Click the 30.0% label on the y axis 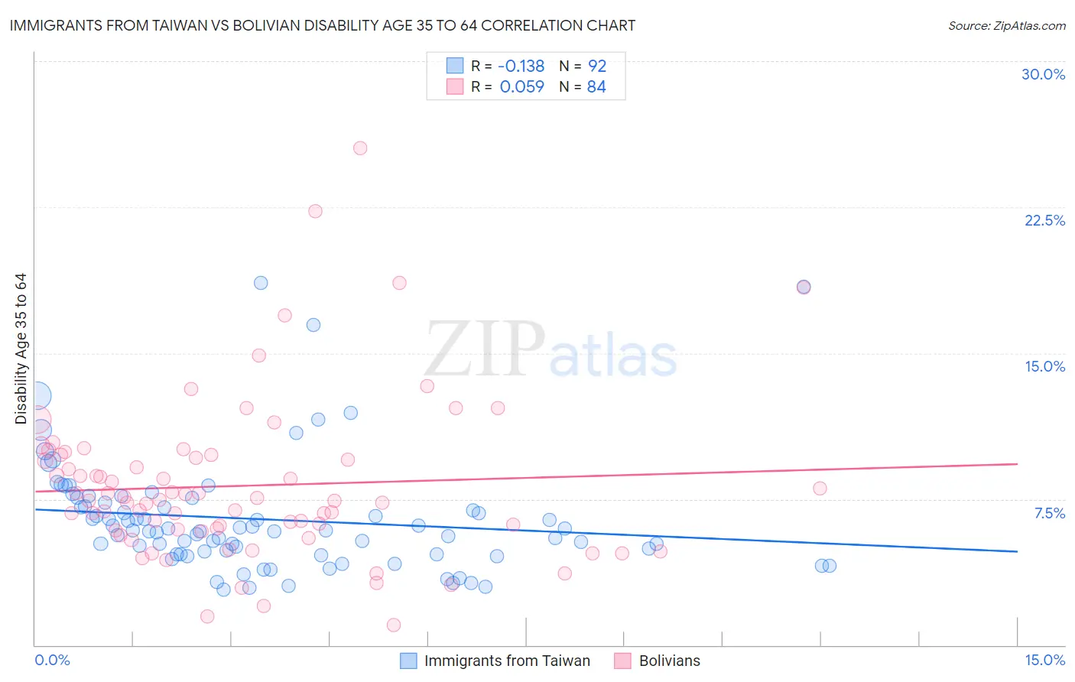tap(1043, 74)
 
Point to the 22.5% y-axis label tap(1044, 220)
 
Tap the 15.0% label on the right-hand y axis tap(1044, 366)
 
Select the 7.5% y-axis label tap(1049, 513)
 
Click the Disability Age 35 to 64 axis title tap(21, 349)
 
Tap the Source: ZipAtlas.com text tap(1006, 26)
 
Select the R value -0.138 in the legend tap(521, 67)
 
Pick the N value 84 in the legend tap(596, 87)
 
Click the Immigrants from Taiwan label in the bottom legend tap(507, 661)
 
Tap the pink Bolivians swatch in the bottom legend tap(622, 661)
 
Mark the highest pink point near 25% tap(360, 148)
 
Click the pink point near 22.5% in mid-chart tap(315, 211)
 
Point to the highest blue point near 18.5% tap(261, 283)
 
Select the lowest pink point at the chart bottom tap(394, 625)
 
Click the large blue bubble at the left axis tap(37, 395)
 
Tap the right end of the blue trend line tap(1017, 551)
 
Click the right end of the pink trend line tap(1017, 464)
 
